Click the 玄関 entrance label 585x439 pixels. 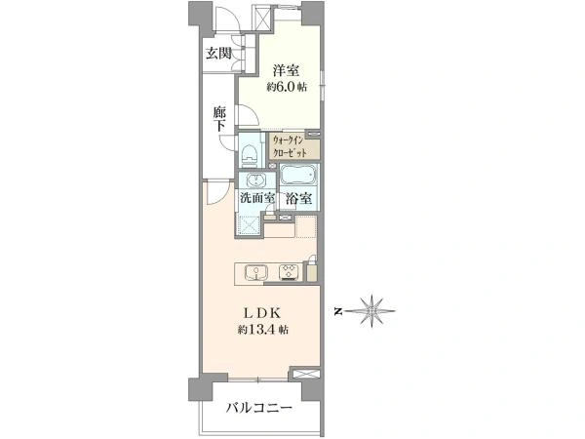[218, 54]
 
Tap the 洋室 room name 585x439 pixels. [286, 70]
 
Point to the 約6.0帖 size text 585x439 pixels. [287, 87]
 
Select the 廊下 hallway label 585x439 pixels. [219, 119]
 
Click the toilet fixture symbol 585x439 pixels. [250, 155]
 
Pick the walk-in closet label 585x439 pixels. [290, 146]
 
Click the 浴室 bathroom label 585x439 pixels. [299, 199]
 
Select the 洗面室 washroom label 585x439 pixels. [257, 198]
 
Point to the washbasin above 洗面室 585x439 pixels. [256, 180]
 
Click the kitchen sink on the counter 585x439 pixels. [255, 272]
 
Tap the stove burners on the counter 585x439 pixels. [289, 272]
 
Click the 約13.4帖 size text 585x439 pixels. [262, 330]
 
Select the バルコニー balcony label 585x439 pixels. [259, 408]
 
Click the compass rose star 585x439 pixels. [372, 310]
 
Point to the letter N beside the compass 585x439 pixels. [338, 311]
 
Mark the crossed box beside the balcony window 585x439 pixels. [305, 374]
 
